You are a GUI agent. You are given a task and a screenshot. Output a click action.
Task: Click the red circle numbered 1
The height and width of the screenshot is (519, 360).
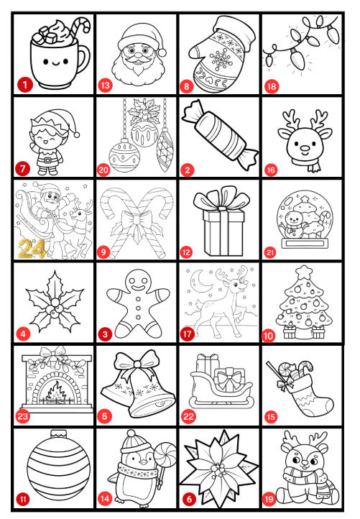[25, 85]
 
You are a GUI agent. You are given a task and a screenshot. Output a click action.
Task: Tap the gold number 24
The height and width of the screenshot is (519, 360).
[32, 249]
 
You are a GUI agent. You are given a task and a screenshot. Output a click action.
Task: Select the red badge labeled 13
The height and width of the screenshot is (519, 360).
[105, 86]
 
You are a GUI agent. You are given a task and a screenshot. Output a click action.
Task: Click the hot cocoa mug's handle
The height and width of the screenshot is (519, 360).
[83, 59]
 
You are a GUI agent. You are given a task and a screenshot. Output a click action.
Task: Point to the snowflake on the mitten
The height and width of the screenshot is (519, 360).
[220, 60]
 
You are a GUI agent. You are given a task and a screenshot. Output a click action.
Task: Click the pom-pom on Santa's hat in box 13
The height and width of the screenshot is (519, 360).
[162, 52]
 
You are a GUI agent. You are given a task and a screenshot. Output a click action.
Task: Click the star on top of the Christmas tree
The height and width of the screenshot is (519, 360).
[304, 272]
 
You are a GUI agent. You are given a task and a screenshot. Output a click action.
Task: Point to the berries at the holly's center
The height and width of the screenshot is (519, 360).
[55, 308]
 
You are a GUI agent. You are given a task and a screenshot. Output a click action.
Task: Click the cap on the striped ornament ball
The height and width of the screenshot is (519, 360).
[59, 434]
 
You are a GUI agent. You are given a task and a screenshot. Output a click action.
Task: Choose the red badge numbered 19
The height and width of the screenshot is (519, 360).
[269, 499]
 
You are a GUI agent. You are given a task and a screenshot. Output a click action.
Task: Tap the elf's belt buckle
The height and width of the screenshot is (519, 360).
[47, 160]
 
